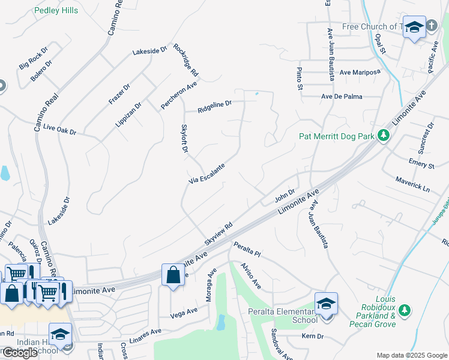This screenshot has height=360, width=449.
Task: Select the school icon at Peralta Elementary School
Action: (326, 303)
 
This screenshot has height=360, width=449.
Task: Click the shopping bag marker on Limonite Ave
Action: (173, 275)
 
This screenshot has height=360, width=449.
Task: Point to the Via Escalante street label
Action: (207, 173)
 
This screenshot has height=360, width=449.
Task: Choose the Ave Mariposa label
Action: (360, 72)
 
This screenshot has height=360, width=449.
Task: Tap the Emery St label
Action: (421, 164)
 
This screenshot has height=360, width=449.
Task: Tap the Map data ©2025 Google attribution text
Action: (412, 355)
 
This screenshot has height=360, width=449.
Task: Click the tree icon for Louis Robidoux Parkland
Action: (405, 310)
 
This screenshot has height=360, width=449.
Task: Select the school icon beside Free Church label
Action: (414, 28)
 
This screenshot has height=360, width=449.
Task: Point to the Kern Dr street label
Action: (312, 337)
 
